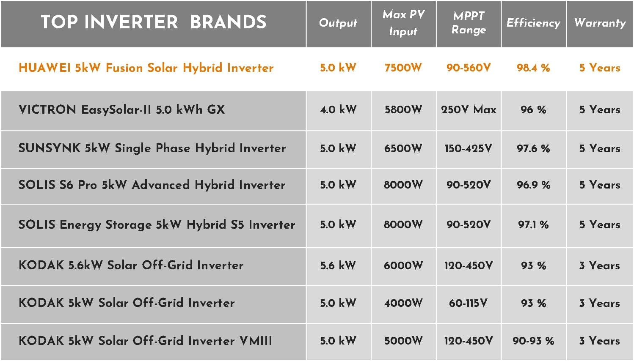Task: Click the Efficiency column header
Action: [x=533, y=23]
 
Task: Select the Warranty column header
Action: [x=600, y=23]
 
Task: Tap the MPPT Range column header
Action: [x=469, y=23]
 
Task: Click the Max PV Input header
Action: [x=403, y=23]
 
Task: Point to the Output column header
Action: [x=338, y=23]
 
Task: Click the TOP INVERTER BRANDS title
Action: [x=154, y=22]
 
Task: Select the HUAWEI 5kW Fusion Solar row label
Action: [x=146, y=68]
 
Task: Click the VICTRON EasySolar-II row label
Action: [x=122, y=109]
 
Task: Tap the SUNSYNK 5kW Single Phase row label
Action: [x=152, y=148]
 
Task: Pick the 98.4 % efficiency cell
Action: [x=533, y=68]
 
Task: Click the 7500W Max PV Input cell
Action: [x=403, y=68]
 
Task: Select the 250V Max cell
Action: [x=469, y=109]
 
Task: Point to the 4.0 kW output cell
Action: [x=338, y=109]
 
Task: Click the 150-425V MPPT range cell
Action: [x=469, y=148]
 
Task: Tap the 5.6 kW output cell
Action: [x=338, y=265]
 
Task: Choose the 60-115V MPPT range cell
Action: [x=469, y=303]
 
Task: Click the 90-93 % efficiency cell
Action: [x=533, y=341]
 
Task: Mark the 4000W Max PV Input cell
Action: [x=403, y=303]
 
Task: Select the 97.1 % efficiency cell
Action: [x=533, y=225]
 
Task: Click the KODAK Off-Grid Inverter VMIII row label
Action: [x=145, y=341]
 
